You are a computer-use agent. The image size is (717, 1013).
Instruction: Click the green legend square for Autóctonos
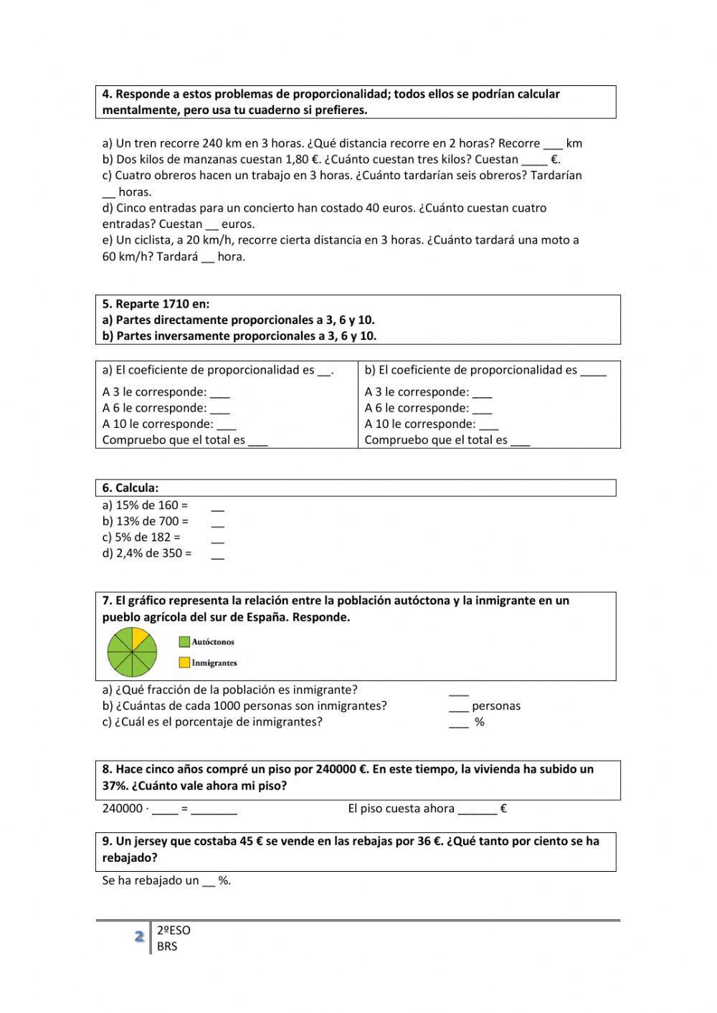(184, 642)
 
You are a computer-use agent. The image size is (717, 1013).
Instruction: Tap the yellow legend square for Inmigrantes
(184, 663)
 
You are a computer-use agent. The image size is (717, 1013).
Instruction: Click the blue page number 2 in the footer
(138, 937)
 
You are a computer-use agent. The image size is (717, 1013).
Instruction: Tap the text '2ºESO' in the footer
(174, 931)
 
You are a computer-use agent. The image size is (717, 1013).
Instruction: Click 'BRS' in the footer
(167, 946)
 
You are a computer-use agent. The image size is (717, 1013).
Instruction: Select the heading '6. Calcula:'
(130, 488)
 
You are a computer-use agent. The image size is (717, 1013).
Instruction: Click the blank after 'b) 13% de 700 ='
(218, 523)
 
